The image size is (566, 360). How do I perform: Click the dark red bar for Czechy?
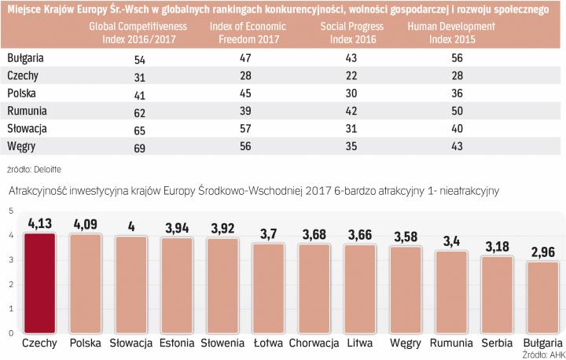[x=39, y=283]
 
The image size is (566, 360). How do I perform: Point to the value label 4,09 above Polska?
[x=86, y=224]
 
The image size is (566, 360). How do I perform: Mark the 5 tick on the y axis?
[x=10, y=210]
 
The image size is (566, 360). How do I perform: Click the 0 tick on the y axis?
[x=10, y=333]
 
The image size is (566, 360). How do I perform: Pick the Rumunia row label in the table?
[x=26, y=111]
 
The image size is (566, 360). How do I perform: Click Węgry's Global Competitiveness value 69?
[x=132, y=145]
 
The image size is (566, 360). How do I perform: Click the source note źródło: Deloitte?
[x=34, y=168]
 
